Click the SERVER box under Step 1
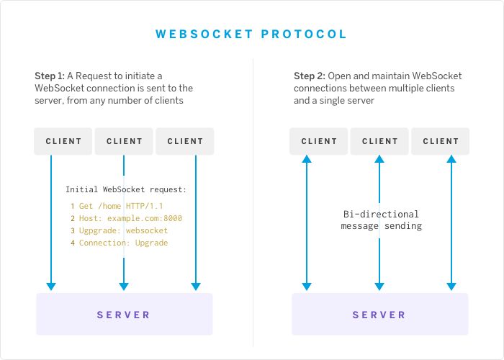click(124, 315)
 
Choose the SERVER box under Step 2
click(379, 315)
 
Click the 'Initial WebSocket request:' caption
click(126, 189)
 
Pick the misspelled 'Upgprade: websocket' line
click(123, 230)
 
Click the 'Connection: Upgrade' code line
click(123, 243)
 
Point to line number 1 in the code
click(73, 206)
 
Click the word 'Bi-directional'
click(380, 214)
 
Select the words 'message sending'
click(380, 226)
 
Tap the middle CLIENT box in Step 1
click(125, 141)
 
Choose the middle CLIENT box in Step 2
click(380, 141)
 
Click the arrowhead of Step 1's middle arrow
click(124, 285)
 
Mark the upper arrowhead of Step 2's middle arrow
click(379, 162)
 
